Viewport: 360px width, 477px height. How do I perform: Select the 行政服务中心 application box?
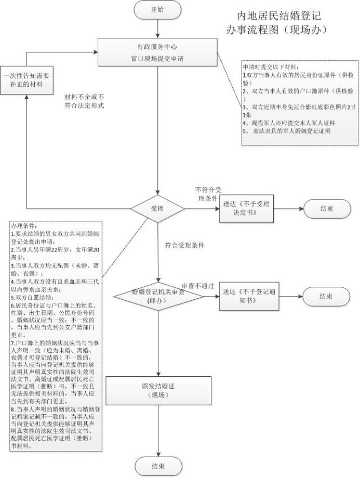coord(157,52)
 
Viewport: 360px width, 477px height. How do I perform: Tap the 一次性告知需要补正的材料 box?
coord(24,79)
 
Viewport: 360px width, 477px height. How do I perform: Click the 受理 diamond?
coord(157,208)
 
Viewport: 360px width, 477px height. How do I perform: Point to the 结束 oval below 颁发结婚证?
coord(157,466)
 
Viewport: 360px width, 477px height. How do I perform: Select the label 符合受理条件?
coord(184,244)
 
